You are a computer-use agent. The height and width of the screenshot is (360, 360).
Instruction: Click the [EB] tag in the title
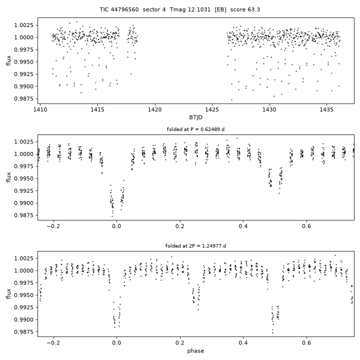[x=220, y=9]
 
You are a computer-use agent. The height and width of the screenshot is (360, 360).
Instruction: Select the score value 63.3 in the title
[x=253, y=9]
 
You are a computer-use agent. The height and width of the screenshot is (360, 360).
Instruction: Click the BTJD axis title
[x=195, y=117]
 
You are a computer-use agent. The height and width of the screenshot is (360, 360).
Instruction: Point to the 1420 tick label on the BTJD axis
[x=154, y=109]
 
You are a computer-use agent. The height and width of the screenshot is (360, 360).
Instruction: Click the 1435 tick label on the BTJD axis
[x=326, y=109]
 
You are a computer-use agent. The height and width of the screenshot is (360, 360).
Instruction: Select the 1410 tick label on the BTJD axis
[x=40, y=109]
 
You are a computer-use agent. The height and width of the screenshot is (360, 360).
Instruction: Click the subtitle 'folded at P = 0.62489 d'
[x=195, y=129]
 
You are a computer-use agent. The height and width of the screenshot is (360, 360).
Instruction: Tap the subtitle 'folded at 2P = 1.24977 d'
[x=195, y=246]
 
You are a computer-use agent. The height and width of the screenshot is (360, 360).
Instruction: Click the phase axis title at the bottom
[x=195, y=351]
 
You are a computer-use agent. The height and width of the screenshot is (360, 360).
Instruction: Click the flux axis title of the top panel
[x=8, y=60]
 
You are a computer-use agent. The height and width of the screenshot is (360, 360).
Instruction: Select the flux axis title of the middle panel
[x=8, y=177]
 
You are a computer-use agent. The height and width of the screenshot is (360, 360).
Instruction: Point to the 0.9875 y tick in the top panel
[x=24, y=98]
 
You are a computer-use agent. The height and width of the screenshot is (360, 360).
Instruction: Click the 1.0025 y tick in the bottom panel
[x=24, y=258]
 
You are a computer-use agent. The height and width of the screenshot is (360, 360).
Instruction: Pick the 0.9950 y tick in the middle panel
[x=24, y=178]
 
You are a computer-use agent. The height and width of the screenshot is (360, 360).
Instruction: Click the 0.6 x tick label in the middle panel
[x=306, y=226]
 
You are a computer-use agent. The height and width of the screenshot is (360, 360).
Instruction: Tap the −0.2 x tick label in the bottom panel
[x=53, y=343]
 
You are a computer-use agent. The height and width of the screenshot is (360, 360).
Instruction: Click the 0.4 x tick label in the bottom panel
[x=243, y=343]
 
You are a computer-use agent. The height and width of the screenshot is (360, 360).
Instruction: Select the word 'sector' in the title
[x=150, y=9]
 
